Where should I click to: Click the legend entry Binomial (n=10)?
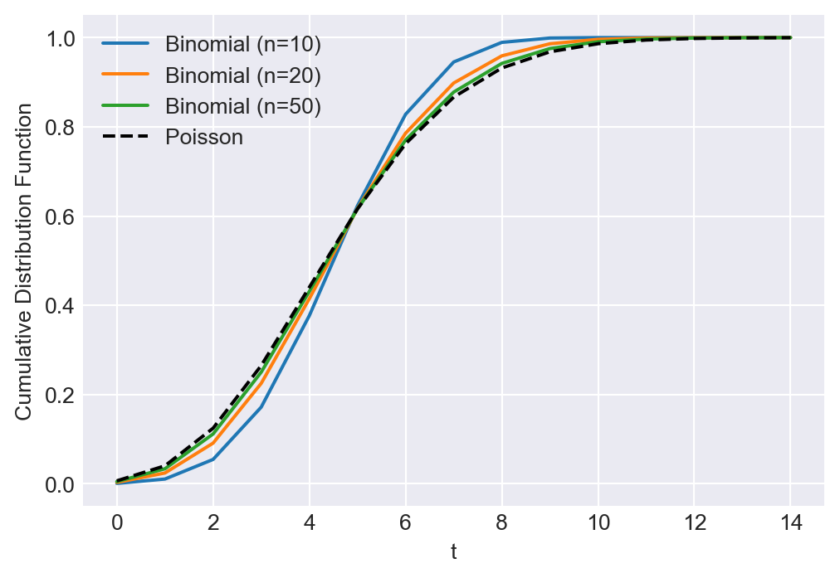(x=242, y=43)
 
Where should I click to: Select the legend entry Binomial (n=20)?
(x=242, y=75)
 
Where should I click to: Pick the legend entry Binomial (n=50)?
(x=242, y=106)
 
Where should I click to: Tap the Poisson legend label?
(x=204, y=138)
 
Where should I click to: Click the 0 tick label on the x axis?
(x=117, y=524)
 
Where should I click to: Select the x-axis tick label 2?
(x=213, y=524)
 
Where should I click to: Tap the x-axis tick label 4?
(x=310, y=524)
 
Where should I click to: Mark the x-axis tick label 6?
(x=406, y=524)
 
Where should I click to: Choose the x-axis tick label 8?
(x=502, y=524)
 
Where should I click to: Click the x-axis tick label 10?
(x=598, y=524)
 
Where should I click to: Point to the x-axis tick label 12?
(x=695, y=524)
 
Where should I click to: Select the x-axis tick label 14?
(x=791, y=524)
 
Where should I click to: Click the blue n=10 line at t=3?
(x=261, y=407)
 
